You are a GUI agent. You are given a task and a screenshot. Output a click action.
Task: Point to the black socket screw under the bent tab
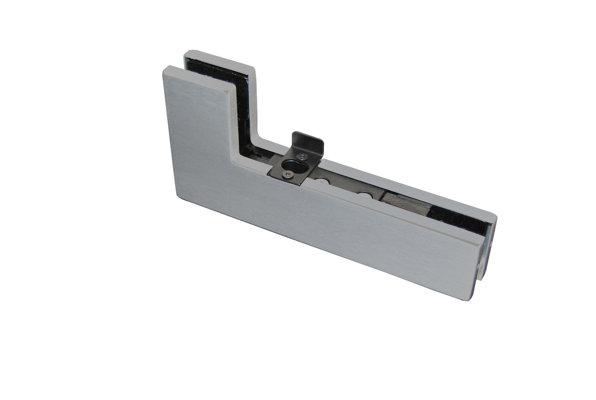tap(301, 156)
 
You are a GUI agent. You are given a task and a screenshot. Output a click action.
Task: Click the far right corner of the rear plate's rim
tap(496, 216)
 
